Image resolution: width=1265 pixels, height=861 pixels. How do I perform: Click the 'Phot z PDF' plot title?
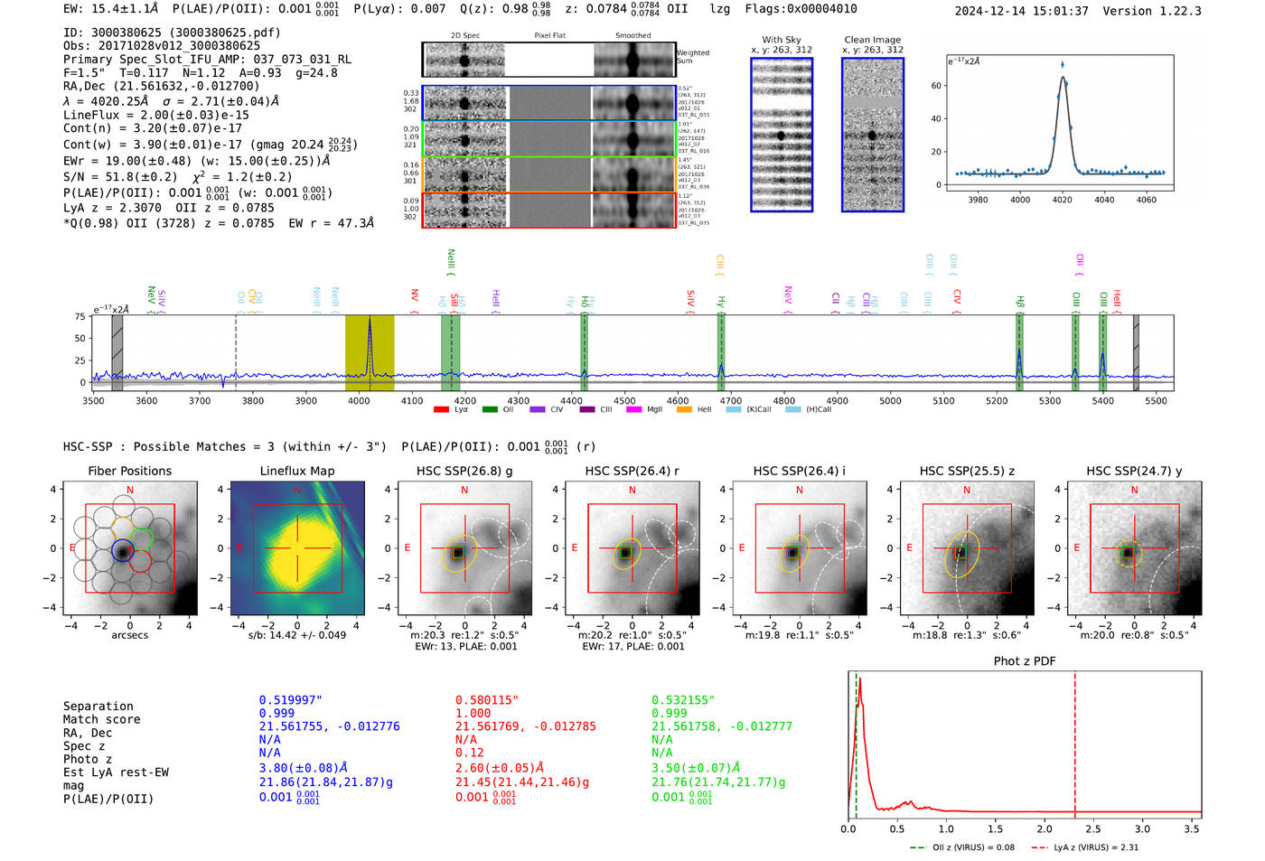pos(1025,660)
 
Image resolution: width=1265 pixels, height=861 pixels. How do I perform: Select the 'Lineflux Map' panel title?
pos(296,471)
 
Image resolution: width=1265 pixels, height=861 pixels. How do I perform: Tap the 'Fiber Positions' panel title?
pos(129,471)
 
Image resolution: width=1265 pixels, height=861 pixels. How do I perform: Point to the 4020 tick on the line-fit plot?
pos(1062,200)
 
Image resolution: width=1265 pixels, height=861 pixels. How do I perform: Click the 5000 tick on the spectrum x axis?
pos(890,400)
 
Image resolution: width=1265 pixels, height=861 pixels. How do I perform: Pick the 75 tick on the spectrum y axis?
pos(80,316)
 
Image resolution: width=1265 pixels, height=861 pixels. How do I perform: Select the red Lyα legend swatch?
pos(441,409)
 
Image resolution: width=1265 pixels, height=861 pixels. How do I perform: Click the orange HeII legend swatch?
pos(684,409)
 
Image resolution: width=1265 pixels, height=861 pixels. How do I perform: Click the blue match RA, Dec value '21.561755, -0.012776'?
pos(329,726)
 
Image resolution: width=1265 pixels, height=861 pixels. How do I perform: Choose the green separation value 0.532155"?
pos(683,700)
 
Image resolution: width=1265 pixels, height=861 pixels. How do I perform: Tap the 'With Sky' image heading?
pos(782,40)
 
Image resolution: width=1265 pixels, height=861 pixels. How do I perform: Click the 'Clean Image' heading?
pos(872,40)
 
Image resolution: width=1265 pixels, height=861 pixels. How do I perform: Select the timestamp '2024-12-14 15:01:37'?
pos(1021,11)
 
